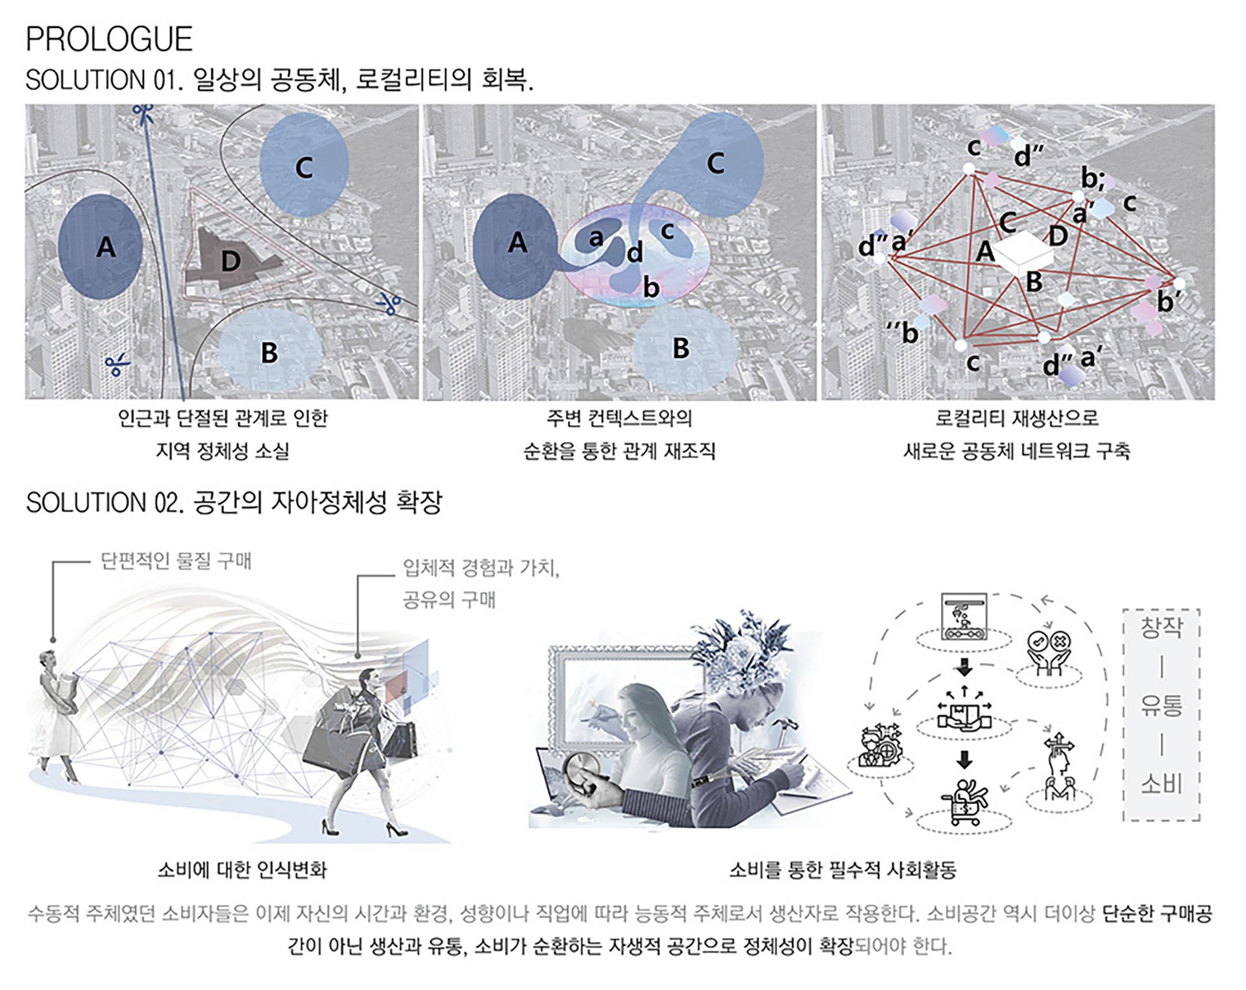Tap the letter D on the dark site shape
coord(231,261)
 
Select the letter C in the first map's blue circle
coord(304,167)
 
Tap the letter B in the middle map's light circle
coord(681,348)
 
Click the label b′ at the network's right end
coord(1168,302)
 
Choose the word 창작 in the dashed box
coord(1162,627)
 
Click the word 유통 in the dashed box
coord(1162,706)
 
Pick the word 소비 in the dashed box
coord(1162,784)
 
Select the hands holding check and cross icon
coord(1049,653)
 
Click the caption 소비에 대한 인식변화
coord(242,869)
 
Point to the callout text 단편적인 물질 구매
coord(176,561)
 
